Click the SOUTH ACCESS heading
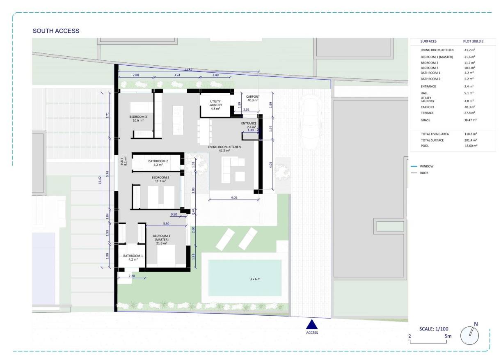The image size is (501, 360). tap(56, 31)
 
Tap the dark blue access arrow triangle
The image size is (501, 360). tap(312, 324)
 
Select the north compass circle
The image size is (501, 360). tap(470, 335)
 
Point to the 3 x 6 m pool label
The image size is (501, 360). tap(255, 279)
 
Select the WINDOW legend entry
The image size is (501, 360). tap(426, 166)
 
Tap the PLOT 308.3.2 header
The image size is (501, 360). tap(471, 41)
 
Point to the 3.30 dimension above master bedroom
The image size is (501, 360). tap(166, 223)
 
